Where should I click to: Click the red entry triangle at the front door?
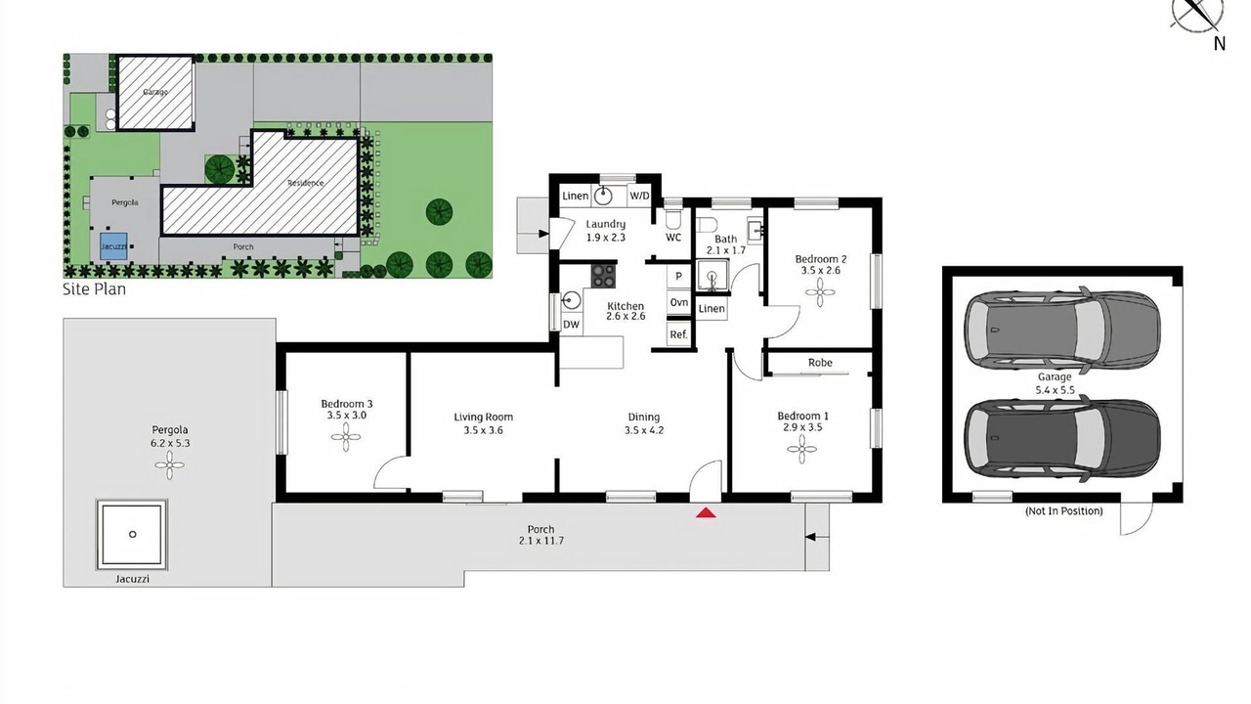tap(706, 512)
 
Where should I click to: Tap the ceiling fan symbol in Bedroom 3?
tap(346, 437)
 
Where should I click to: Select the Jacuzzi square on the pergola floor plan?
tap(132, 535)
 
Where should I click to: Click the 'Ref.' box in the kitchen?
tap(678, 334)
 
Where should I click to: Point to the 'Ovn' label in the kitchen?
tap(678, 302)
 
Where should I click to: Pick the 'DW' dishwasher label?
tap(571, 324)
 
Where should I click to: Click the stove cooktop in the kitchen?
tap(604, 276)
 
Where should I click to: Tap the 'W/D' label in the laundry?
tap(639, 196)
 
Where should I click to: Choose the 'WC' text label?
tap(673, 238)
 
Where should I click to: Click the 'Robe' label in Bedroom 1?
tap(820, 363)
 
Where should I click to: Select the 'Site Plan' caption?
tap(94, 289)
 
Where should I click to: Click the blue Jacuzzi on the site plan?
tap(114, 246)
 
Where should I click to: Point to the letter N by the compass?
tap(1219, 44)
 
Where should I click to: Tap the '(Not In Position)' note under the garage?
tap(1063, 510)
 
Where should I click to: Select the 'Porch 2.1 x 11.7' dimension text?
tap(540, 535)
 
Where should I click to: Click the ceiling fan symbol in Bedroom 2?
tap(819, 292)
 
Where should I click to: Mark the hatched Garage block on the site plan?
tap(155, 92)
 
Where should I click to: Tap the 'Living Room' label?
tap(483, 417)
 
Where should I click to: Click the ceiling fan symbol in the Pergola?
tap(169, 464)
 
